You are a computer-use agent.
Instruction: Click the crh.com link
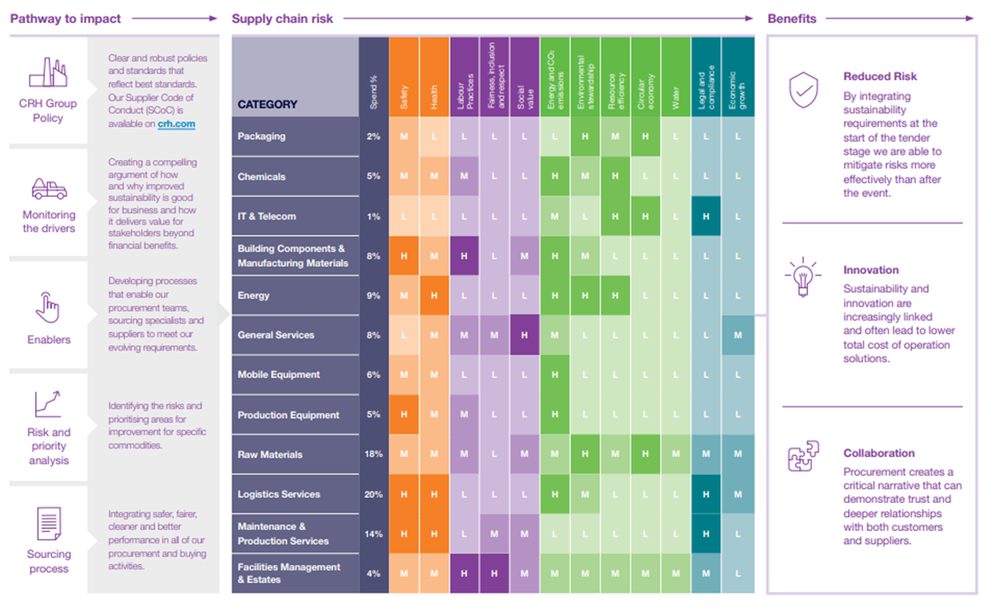click(177, 124)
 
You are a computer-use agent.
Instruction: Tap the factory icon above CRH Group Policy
click(48, 73)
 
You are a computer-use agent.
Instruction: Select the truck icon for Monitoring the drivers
click(48, 188)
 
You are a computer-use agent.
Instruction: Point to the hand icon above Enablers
click(48, 307)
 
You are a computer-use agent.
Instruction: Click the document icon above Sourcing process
click(48, 524)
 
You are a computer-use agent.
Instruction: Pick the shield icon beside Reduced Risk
click(803, 91)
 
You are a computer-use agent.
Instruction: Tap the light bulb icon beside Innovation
click(803, 278)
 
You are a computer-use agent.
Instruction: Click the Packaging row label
click(261, 136)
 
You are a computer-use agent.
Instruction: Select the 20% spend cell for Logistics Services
click(374, 494)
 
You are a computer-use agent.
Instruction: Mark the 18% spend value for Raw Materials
click(374, 454)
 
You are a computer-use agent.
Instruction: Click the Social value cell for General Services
click(524, 335)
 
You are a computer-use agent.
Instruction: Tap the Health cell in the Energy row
click(434, 296)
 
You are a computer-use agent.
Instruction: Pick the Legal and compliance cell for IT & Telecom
click(706, 216)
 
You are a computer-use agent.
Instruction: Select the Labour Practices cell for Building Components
click(464, 255)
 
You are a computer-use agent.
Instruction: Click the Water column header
click(676, 97)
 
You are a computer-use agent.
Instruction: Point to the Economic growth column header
click(736, 88)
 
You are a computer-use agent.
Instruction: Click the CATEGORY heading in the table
click(267, 104)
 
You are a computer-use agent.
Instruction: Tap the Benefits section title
click(792, 18)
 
